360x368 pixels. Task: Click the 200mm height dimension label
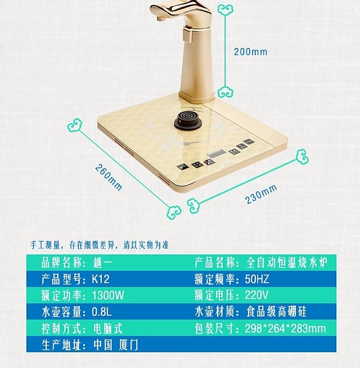[250, 52]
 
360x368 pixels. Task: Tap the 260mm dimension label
[109, 177]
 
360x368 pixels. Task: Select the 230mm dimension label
[261, 194]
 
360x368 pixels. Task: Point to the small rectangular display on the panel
[217, 153]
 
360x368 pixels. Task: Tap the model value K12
[101, 279]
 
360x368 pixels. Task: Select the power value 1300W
[108, 295]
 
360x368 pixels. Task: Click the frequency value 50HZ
[257, 279]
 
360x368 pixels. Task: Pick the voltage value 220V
[256, 295]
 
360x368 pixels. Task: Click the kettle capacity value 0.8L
[101, 312]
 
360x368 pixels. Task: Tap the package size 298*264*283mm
[285, 328]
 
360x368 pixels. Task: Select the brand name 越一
[101, 262]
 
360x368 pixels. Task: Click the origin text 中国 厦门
[116, 344]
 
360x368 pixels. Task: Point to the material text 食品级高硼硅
[276, 312]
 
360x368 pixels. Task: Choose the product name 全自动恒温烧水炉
[287, 262]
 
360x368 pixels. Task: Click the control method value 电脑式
[107, 328]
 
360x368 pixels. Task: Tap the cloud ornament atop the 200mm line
[225, 10]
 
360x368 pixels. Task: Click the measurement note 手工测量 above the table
[45, 245]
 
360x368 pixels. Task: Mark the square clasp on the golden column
[188, 35]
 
